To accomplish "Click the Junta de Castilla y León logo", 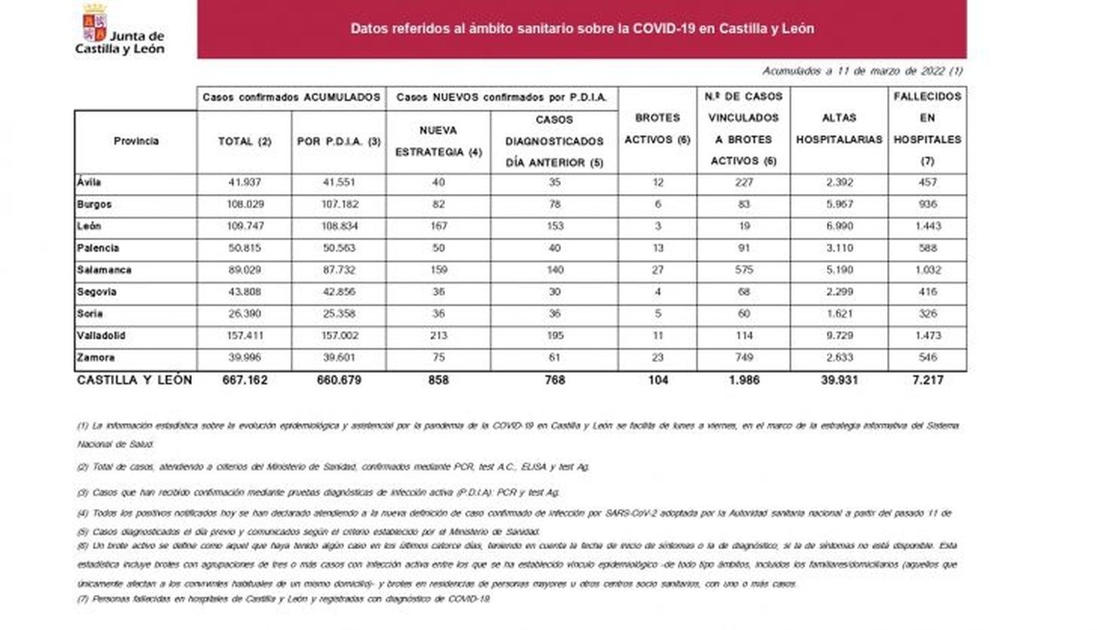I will tap(119, 31).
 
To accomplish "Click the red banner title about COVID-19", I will tap(582, 29).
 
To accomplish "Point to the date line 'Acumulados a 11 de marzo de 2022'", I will tap(862, 71).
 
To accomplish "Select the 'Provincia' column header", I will tap(136, 141).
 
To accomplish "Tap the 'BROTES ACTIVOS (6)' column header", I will tap(657, 129).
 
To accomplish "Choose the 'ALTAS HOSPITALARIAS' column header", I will tap(839, 129).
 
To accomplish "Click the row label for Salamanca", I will tap(104, 270).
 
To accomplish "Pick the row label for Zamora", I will tap(96, 358).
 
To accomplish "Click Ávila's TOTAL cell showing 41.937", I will tap(244, 182).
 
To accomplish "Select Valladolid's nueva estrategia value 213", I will tap(437, 336).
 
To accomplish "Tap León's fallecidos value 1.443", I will tap(927, 226).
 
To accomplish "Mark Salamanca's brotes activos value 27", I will tap(657, 270).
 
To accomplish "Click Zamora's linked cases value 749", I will tap(743, 358).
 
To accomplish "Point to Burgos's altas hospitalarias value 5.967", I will tap(839, 204).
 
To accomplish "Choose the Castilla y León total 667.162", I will tap(244, 380).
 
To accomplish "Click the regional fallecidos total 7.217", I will tap(927, 380).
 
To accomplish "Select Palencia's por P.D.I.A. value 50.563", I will tap(338, 248).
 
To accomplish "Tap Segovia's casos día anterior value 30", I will tap(554, 292).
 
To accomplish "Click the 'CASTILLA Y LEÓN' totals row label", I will tap(134, 380).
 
